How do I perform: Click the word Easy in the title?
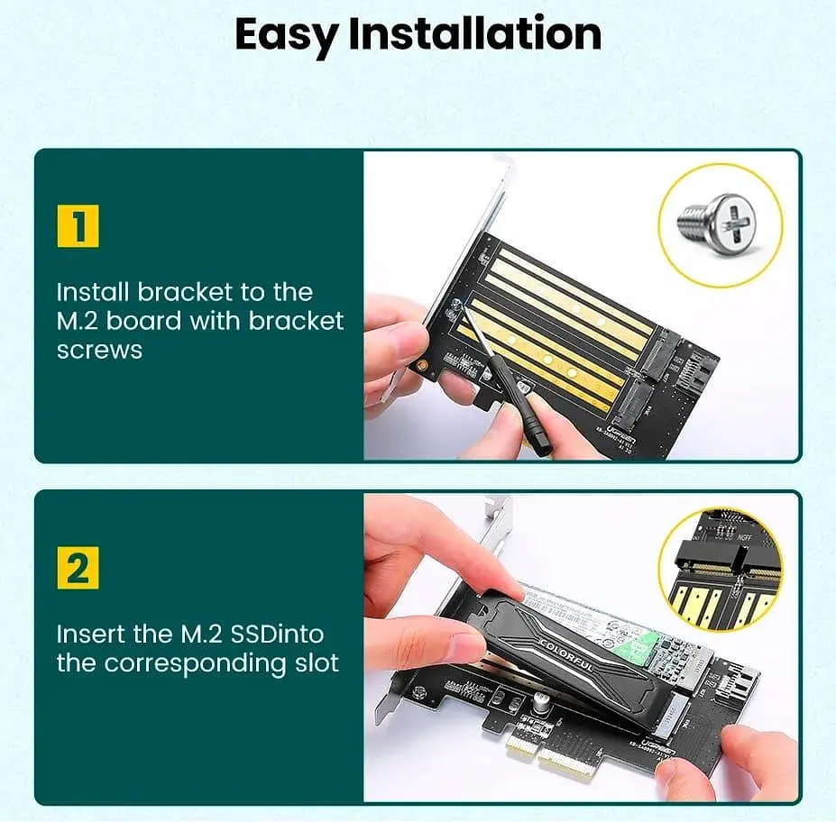click(x=286, y=34)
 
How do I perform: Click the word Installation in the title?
click(x=474, y=34)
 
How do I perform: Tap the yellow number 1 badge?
click(x=78, y=225)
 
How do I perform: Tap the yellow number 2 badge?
click(x=78, y=568)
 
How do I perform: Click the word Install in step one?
click(x=93, y=292)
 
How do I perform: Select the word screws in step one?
click(x=99, y=350)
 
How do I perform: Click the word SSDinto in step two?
click(x=279, y=634)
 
